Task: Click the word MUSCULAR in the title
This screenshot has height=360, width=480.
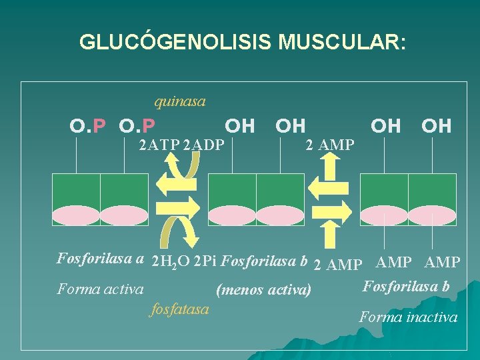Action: point(341,42)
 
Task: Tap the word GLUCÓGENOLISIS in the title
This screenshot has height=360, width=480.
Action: point(175,42)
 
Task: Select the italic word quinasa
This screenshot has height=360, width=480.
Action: point(180,101)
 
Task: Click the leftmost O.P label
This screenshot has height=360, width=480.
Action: point(88,125)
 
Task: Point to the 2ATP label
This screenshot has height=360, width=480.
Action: point(159,145)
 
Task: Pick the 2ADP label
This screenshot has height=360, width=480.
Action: point(203,145)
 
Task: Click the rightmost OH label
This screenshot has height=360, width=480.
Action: point(437,125)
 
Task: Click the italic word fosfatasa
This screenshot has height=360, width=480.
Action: point(180,309)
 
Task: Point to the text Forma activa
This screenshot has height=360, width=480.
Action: point(100,289)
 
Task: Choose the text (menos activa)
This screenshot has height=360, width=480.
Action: point(263,290)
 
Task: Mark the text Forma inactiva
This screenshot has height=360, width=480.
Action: point(408,317)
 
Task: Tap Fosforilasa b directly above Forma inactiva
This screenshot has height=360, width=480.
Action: point(406,287)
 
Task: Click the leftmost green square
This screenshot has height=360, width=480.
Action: point(76,190)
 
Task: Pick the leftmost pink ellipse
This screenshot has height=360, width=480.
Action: point(76,215)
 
